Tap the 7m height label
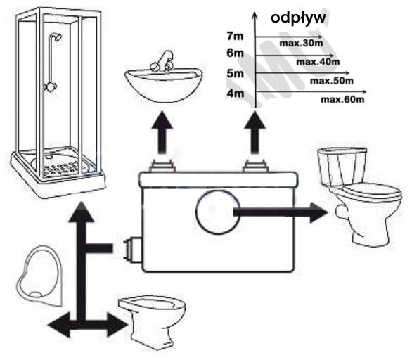[x=235, y=37]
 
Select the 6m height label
[x=235, y=53]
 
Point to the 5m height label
[x=236, y=73]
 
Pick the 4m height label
[x=236, y=94]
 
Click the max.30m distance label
[x=301, y=43]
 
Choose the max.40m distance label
[x=318, y=62]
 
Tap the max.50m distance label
[x=332, y=81]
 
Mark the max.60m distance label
[x=342, y=100]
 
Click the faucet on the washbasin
[x=162, y=61]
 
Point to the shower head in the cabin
[x=56, y=37]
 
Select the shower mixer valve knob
[x=50, y=87]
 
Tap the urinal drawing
[x=39, y=276]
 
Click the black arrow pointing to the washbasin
[x=162, y=132]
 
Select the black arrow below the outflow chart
[x=255, y=132]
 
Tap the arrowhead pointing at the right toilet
[x=318, y=212]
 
